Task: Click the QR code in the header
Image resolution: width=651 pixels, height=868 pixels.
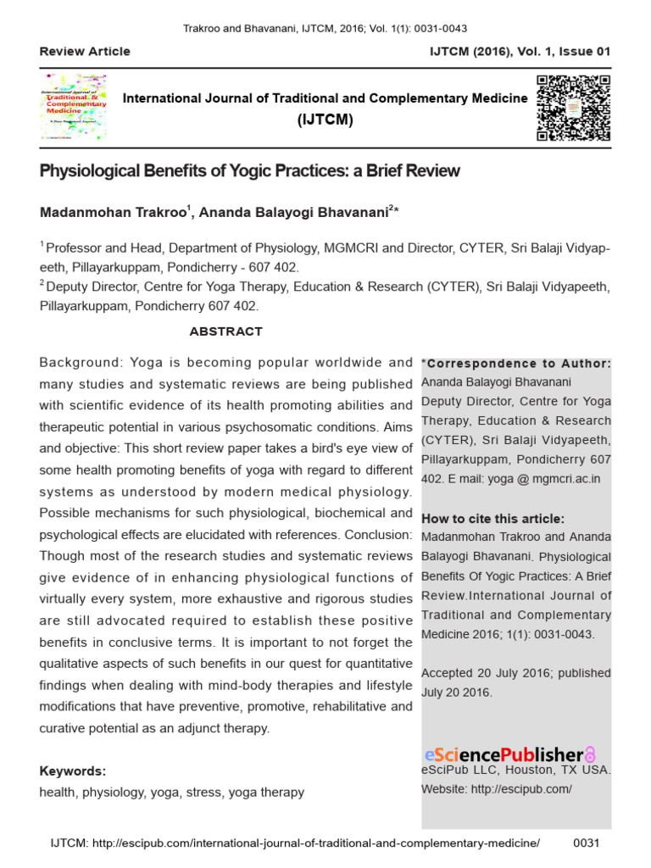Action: [574, 108]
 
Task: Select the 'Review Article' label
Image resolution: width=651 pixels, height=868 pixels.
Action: [85, 52]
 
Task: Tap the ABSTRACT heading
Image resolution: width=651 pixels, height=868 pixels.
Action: [225, 331]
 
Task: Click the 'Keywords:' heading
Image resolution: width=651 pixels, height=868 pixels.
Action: [73, 771]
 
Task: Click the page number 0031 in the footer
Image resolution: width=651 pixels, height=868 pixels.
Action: [587, 843]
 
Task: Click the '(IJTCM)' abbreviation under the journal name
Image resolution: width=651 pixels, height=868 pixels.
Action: [325, 120]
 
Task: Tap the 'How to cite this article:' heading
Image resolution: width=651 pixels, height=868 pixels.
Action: [492, 519]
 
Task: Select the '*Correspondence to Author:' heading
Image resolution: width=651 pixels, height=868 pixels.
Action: [516, 364]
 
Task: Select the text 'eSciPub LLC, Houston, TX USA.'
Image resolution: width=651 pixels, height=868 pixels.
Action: [516, 771]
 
